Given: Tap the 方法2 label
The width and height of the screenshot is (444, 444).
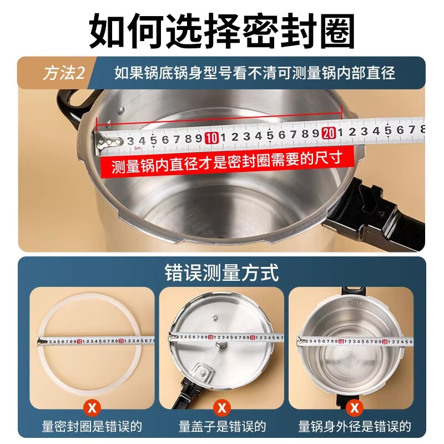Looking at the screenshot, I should point(63,73).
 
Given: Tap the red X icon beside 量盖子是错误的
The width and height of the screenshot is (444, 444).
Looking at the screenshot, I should point(221,408).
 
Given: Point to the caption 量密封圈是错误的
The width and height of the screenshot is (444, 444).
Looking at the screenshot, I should point(92,427).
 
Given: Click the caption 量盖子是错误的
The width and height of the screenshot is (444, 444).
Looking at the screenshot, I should point(222,427).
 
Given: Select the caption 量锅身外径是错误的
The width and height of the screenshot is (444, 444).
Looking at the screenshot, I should point(354,427).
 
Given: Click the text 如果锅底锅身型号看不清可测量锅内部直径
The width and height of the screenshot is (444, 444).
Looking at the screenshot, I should point(255,73).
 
